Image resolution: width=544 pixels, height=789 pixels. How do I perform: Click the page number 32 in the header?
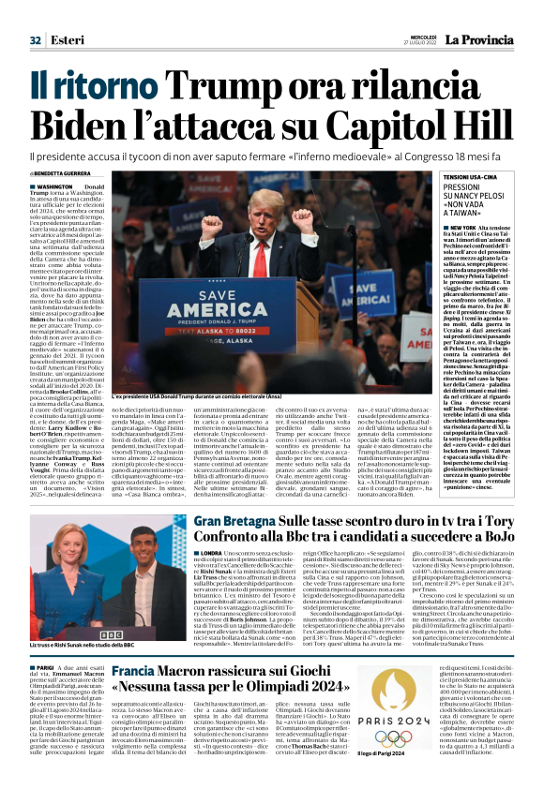[x=35, y=39]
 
